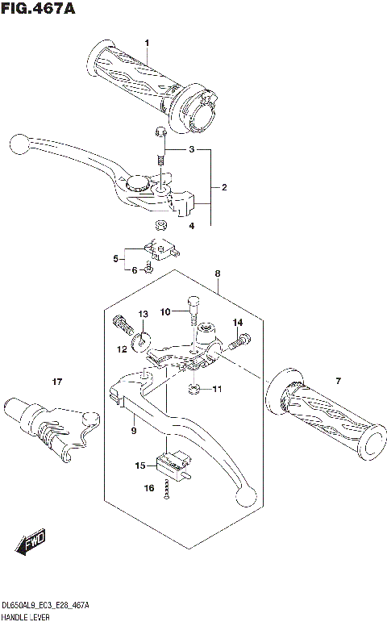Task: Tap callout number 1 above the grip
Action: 148,43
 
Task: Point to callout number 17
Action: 56,382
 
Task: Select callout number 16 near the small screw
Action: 148,489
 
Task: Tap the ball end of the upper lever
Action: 20,145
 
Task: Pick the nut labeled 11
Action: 195,390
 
